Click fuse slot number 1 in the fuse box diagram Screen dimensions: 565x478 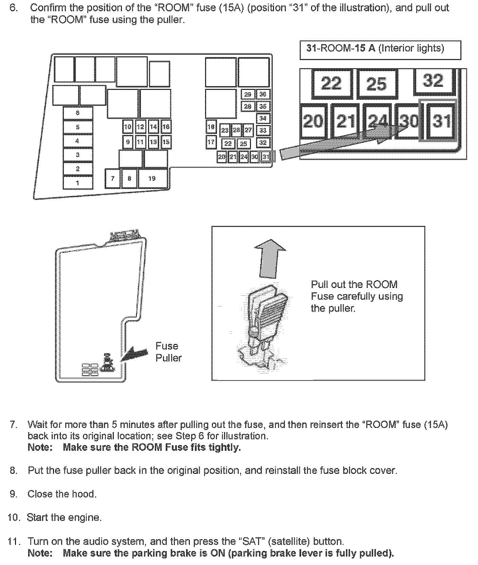(x=78, y=183)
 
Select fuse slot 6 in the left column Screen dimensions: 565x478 (x=78, y=113)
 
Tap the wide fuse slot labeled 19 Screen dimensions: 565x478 (x=152, y=178)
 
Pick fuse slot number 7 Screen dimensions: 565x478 (x=113, y=178)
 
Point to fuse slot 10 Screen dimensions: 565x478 (x=128, y=127)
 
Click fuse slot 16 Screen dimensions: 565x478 (x=166, y=127)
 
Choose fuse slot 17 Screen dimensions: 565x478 (x=211, y=142)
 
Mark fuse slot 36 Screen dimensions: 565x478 (x=263, y=94)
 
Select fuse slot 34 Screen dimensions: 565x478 (x=263, y=118)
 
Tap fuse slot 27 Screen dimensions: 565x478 (x=249, y=130)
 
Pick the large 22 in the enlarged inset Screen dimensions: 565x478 (x=331, y=83)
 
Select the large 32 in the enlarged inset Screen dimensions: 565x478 (x=433, y=81)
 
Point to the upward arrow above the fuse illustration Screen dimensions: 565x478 (x=270, y=258)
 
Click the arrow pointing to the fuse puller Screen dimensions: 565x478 (x=136, y=353)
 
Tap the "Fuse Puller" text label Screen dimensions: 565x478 (x=168, y=352)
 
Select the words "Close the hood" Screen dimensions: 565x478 (x=61, y=494)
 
